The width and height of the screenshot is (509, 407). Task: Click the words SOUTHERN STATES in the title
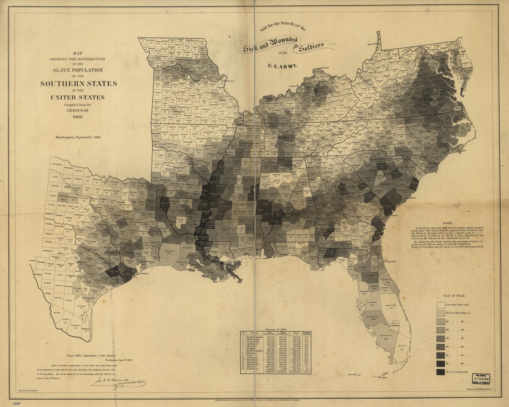point(78,83)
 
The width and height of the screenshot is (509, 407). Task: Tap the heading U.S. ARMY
point(283,66)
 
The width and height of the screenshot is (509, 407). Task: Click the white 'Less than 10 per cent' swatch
point(441,305)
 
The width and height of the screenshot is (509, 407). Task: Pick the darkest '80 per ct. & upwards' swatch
point(441,372)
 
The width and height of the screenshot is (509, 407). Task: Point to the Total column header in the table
point(296,333)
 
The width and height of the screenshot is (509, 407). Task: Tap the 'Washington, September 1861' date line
point(78,137)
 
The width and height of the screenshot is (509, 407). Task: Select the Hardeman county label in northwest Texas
point(57,165)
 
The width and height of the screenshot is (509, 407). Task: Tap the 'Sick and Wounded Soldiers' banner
point(283,45)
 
